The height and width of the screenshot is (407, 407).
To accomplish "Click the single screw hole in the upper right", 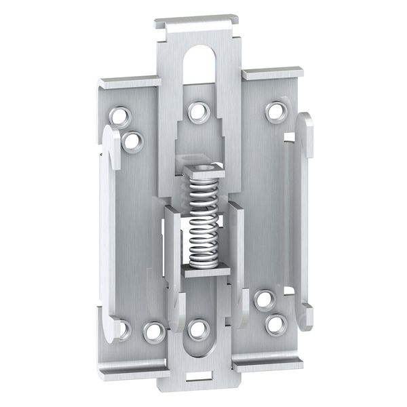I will click(x=275, y=111).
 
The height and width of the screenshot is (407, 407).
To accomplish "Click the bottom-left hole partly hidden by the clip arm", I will click(x=122, y=330).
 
